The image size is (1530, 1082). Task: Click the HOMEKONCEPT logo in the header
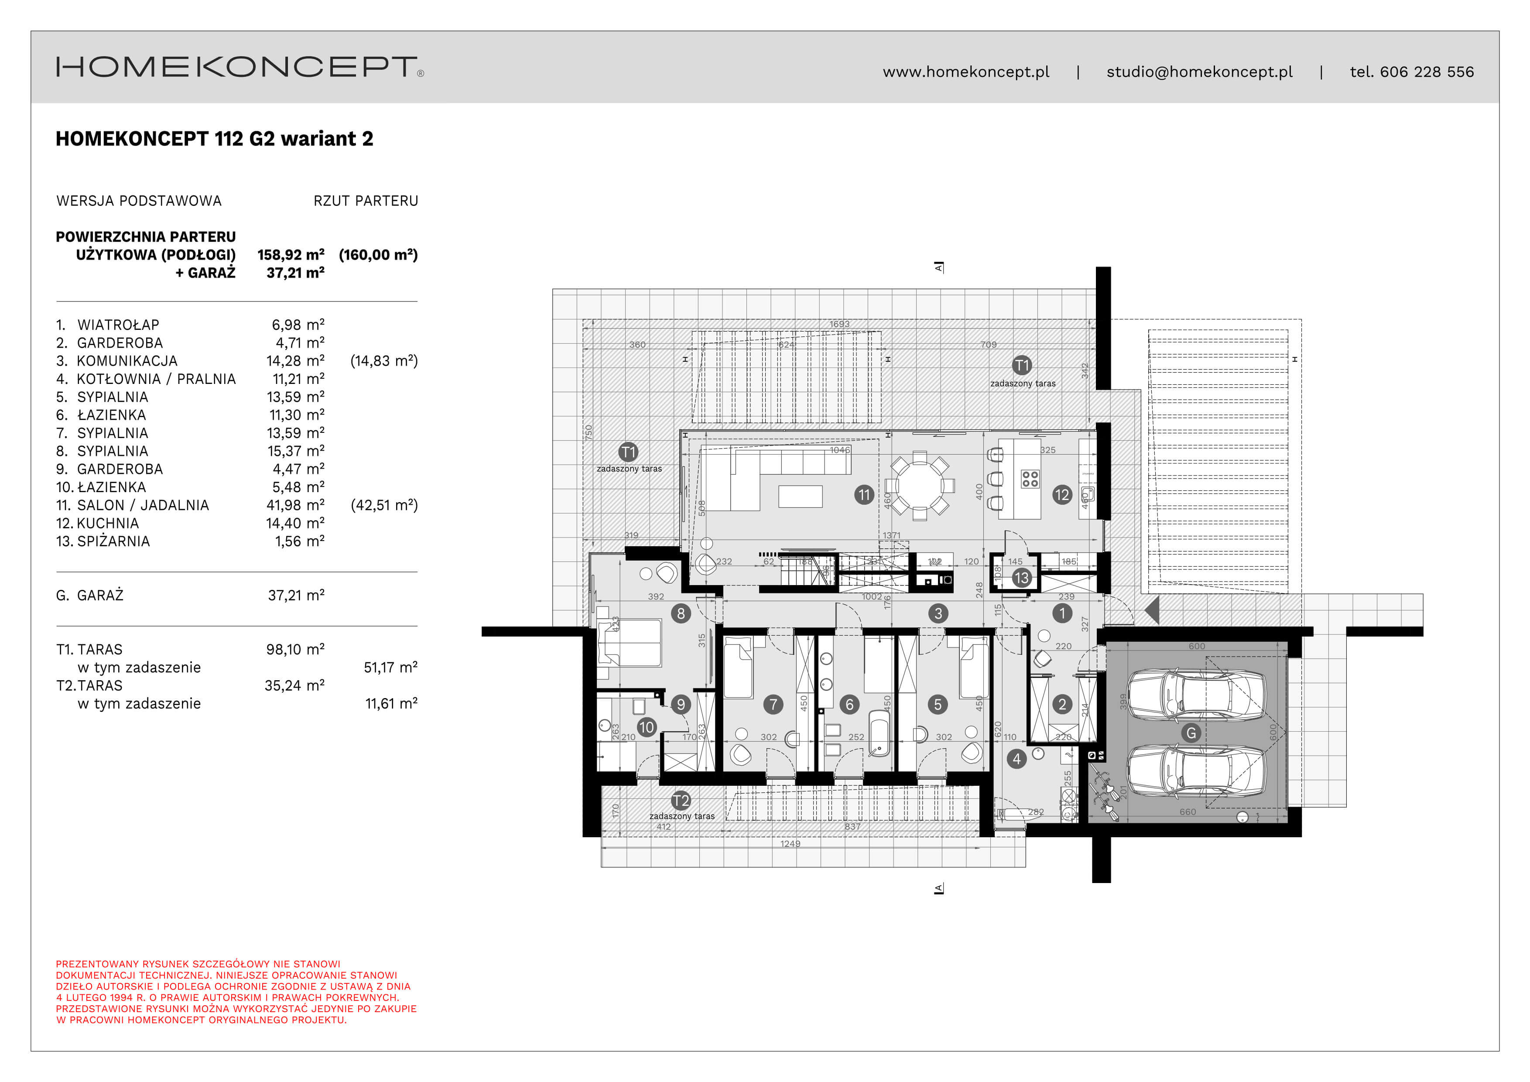239,67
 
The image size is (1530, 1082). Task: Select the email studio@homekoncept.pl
1199,72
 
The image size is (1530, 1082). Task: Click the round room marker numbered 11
864,494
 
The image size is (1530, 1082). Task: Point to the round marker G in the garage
1191,733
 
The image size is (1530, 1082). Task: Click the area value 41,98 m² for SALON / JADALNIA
295,505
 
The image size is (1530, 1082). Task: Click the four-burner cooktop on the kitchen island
1030,478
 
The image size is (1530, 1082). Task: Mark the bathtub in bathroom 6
879,733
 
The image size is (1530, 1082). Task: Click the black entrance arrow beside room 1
1152,609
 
